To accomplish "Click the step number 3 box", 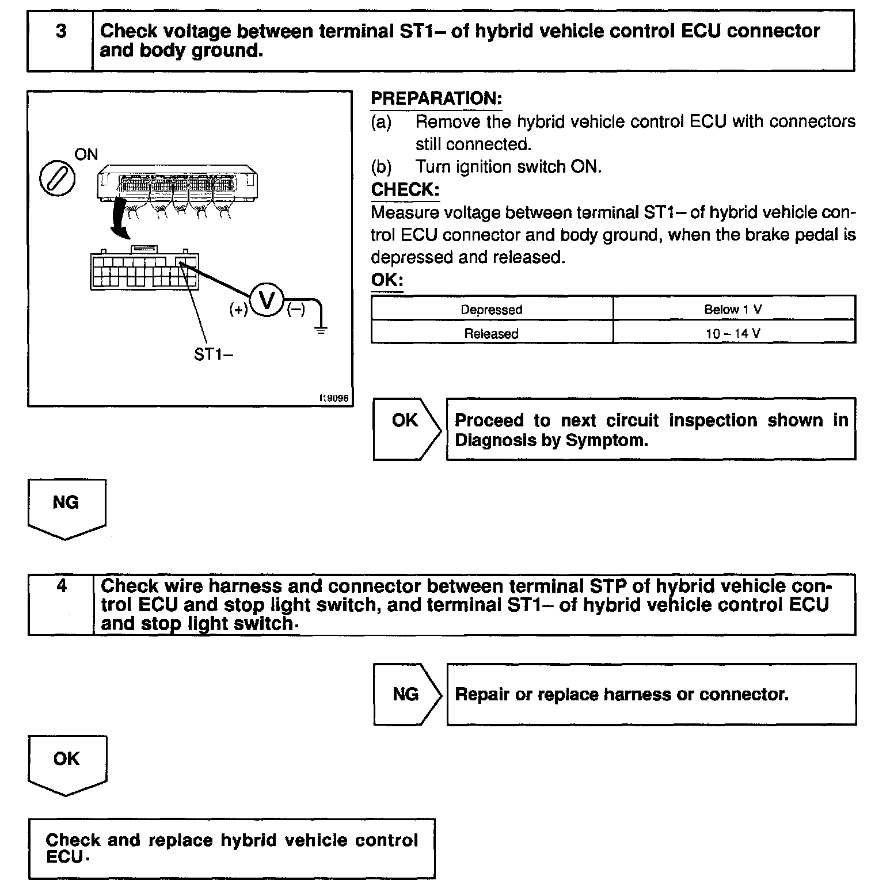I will [60, 41].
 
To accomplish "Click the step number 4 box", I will [61, 604].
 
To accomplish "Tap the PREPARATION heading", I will [436, 98].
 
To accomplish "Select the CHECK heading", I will [405, 189].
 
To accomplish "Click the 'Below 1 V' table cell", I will [733, 309].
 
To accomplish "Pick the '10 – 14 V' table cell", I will [733, 333].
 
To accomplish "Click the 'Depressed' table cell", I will [492, 309].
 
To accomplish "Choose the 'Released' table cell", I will [492, 333].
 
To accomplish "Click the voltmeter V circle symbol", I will [267, 301].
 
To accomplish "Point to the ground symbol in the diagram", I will [321, 330].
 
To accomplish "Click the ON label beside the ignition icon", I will [86, 154].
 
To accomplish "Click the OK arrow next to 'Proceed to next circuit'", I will [407, 428].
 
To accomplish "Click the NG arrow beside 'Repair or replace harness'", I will [407, 694].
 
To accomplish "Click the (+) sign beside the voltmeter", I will [238, 310].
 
